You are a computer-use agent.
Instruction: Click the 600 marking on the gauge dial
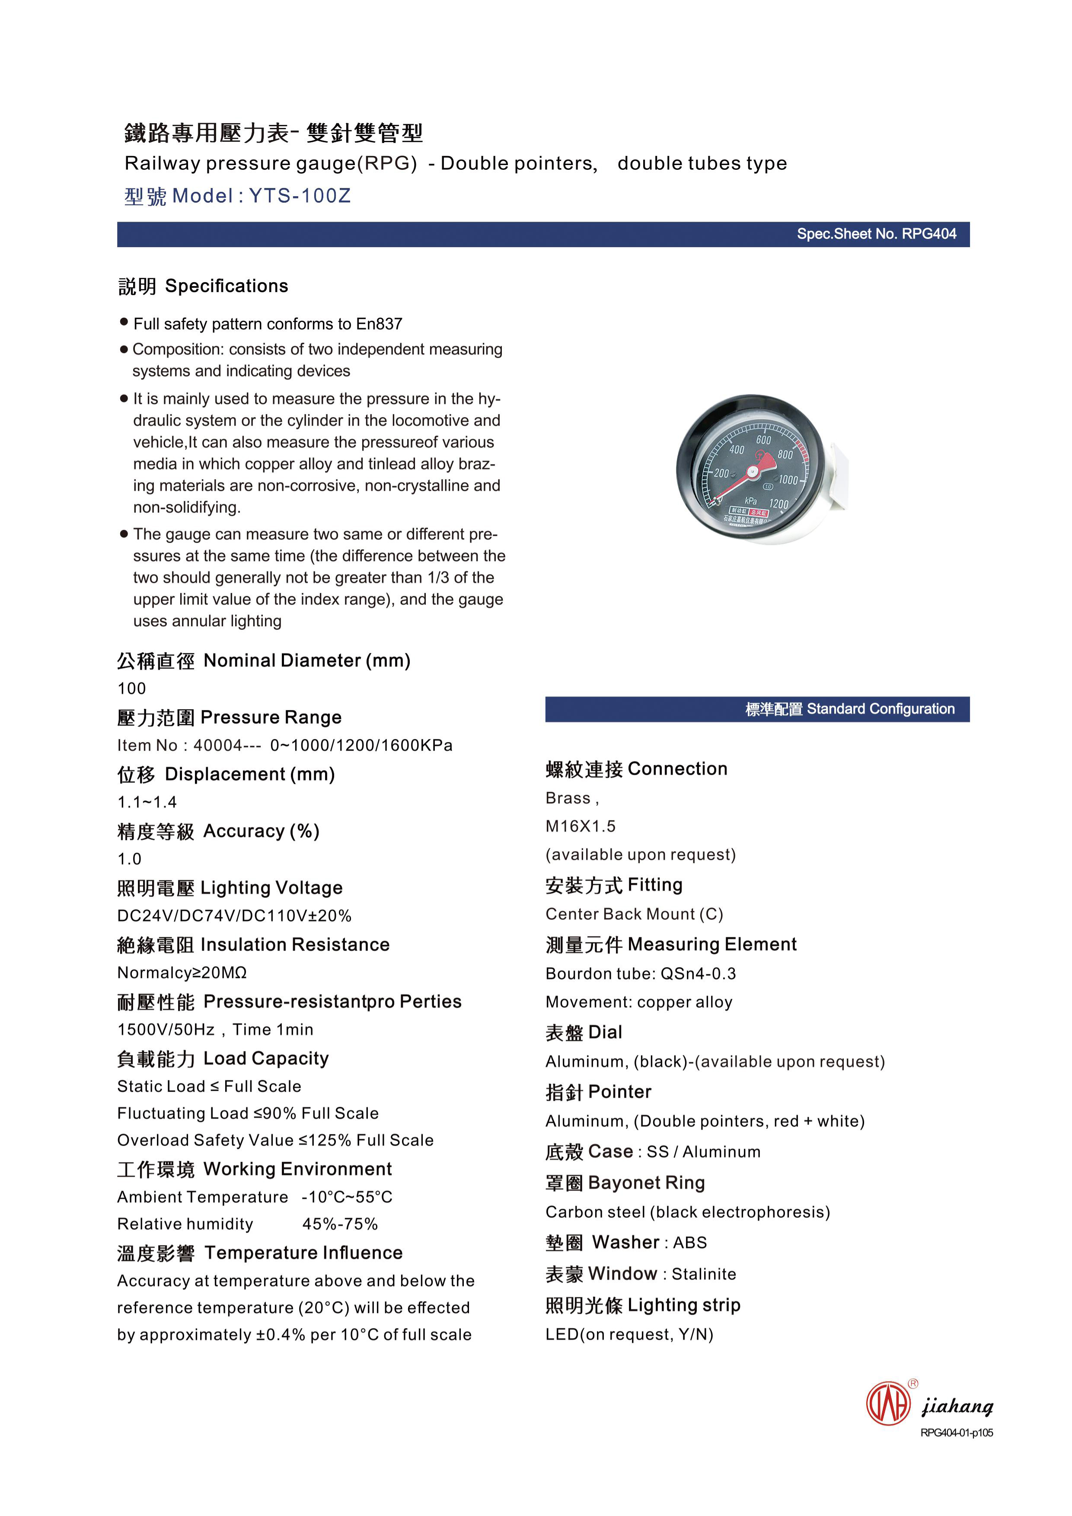pyautogui.click(x=763, y=440)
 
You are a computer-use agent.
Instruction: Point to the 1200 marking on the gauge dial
pyautogui.click(x=779, y=504)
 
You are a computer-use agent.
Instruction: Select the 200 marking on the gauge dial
pyautogui.click(x=721, y=473)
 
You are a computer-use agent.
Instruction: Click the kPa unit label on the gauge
pyautogui.click(x=750, y=501)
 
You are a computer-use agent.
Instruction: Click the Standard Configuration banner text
pyautogui.click(x=849, y=709)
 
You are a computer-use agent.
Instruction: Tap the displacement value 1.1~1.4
pyautogui.click(x=147, y=802)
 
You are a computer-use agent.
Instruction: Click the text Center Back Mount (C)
pyautogui.click(x=634, y=914)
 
